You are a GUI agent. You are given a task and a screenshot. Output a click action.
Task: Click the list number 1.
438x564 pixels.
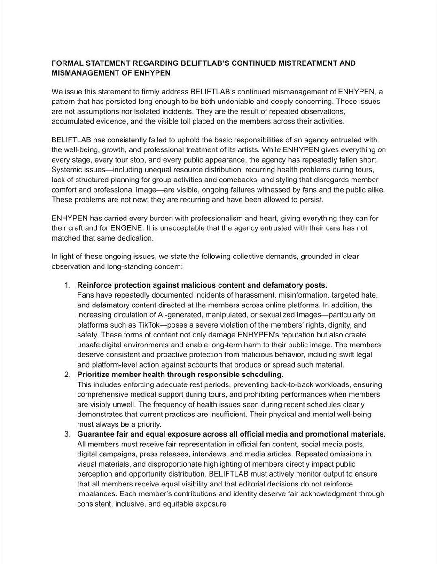pyautogui.click(x=68, y=285)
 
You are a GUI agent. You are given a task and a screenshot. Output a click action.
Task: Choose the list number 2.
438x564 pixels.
pyautogui.click(x=68, y=375)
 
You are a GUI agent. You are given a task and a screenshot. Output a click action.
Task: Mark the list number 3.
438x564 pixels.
pyautogui.click(x=68, y=434)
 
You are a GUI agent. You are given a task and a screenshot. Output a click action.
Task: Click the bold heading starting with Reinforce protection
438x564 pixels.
pyautogui.click(x=202, y=285)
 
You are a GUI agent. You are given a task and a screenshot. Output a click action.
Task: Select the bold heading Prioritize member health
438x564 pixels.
pyautogui.click(x=180, y=375)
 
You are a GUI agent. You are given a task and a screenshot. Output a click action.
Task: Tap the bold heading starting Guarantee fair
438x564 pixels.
pyautogui.click(x=231, y=434)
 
